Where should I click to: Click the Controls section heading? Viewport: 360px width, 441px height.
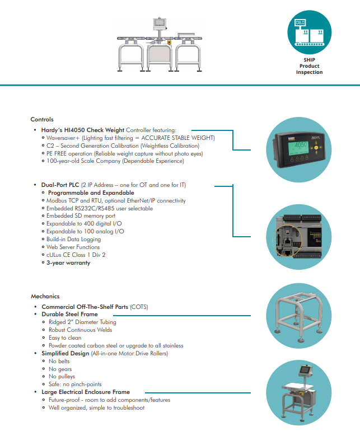(42, 119)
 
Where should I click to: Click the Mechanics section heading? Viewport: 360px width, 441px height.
(45, 296)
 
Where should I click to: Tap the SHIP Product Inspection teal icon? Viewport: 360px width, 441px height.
(309, 34)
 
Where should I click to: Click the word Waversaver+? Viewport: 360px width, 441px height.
(66, 138)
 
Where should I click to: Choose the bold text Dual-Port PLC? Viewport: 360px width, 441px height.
(60, 185)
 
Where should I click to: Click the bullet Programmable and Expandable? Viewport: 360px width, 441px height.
(91, 193)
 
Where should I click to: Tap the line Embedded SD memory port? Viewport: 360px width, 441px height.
(81, 215)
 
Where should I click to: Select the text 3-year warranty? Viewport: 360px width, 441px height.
(69, 262)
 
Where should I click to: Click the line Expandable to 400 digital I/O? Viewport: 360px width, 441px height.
(85, 223)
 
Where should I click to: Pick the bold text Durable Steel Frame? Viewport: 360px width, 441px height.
(69, 315)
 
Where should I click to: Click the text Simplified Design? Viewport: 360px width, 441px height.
(65, 354)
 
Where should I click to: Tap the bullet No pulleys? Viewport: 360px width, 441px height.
(60, 377)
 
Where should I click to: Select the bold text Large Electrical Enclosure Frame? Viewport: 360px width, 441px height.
(86, 392)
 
